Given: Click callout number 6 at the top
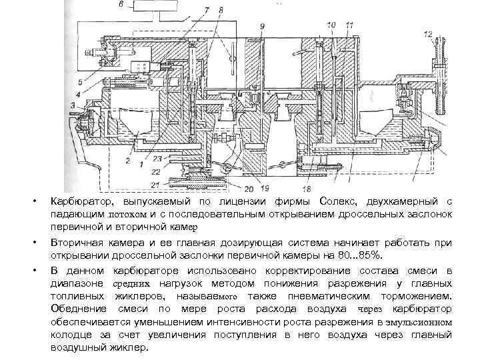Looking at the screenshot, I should pos(121,5).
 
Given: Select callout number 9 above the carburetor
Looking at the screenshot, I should pos(262,25).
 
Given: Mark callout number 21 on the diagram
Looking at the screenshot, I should pos(155,184).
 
